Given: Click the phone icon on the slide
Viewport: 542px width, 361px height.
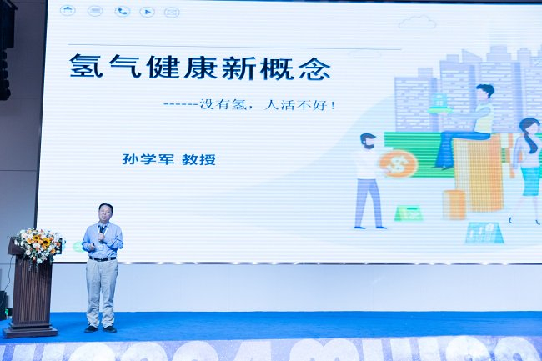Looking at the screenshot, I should click(x=122, y=11).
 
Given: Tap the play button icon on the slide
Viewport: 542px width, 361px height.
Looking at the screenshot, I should click(x=147, y=11).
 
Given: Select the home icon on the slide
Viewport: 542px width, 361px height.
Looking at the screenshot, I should click(x=68, y=11).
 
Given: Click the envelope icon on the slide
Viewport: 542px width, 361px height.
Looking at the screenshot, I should click(x=172, y=12).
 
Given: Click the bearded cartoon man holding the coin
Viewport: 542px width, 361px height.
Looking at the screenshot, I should click(x=368, y=178).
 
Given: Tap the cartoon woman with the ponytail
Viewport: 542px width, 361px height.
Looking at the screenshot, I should click(x=526, y=167).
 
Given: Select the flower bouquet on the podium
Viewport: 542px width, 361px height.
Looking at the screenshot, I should click(x=39, y=244).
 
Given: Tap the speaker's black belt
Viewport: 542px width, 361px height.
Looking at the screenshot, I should click(x=102, y=259).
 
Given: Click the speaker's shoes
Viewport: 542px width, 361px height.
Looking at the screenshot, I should click(x=100, y=328).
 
